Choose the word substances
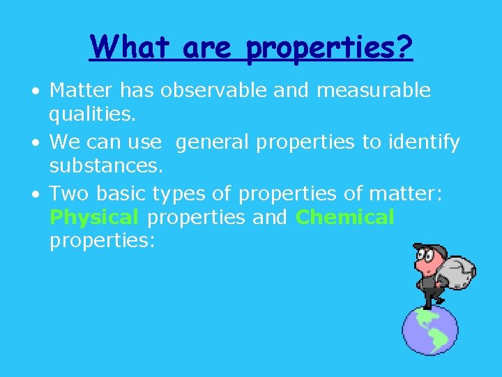[x=106, y=166]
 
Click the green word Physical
[x=94, y=217]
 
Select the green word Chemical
[x=345, y=217]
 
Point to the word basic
[x=119, y=193]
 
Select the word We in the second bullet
[x=65, y=142]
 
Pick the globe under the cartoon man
[x=430, y=330]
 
